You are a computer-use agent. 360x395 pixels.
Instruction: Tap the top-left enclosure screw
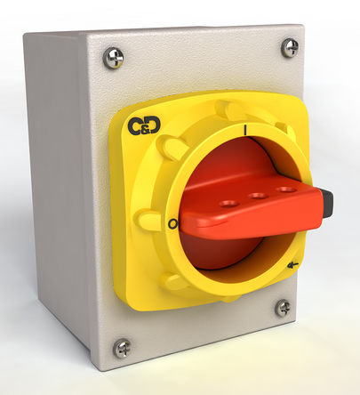click(x=113, y=59)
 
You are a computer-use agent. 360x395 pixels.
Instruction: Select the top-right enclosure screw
click(x=290, y=48)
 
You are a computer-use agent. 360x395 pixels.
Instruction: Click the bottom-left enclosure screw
click(x=122, y=348)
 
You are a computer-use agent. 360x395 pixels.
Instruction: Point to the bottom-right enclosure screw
click(x=283, y=308)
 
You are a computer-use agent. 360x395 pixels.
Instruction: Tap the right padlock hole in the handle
click(x=284, y=189)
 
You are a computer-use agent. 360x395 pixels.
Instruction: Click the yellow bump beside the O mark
click(x=147, y=219)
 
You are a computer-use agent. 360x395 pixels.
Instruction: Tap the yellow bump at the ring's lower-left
click(x=175, y=281)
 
